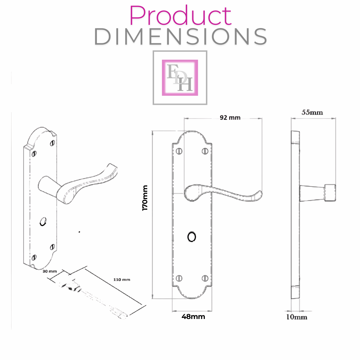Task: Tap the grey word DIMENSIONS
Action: pyautogui.click(x=180, y=36)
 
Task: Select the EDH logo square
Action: pyautogui.click(x=180, y=78)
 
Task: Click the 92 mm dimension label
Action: pyautogui.click(x=230, y=118)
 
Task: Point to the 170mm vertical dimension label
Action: pyautogui.click(x=145, y=198)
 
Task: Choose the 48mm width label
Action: pyautogui.click(x=193, y=317)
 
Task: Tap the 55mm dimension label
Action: pyautogui.click(x=312, y=112)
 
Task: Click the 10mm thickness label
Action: pyautogui.click(x=297, y=317)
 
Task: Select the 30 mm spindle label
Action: pyautogui.click(x=50, y=271)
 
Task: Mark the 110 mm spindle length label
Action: pyautogui.click(x=121, y=279)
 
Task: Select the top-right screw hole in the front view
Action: pyautogui.click(x=205, y=151)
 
